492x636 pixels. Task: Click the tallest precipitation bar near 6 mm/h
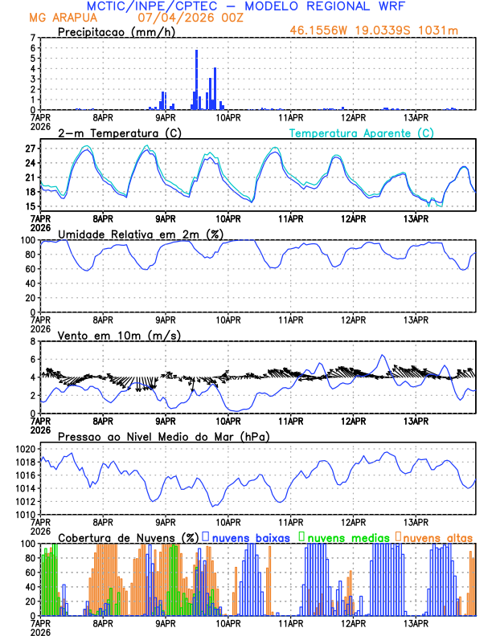pos(196,79)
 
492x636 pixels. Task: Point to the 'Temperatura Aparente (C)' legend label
pos(361,132)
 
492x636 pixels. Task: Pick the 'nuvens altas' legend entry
pos(437,536)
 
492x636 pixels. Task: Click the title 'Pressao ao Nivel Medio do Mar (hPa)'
pos(163,436)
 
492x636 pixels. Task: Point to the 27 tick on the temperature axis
pos(31,149)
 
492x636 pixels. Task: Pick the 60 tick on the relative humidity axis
pos(31,269)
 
